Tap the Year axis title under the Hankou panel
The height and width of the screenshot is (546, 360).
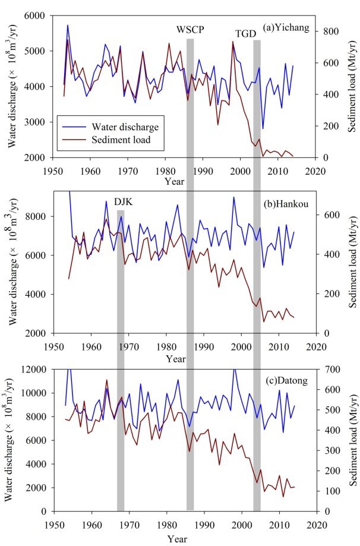point(175,359)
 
